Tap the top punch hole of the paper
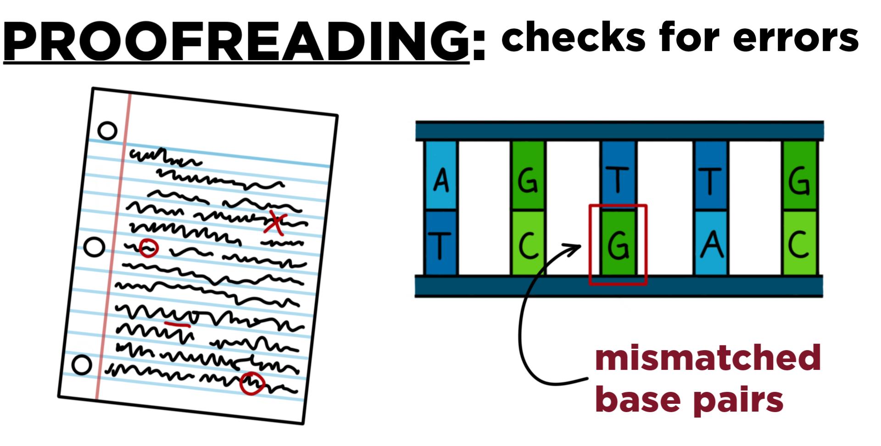(x=107, y=131)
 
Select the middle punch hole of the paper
(x=95, y=247)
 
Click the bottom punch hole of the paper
(x=82, y=365)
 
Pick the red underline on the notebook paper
(x=178, y=324)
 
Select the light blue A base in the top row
(x=441, y=176)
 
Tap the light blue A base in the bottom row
(x=711, y=243)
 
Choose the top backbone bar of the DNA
(x=619, y=131)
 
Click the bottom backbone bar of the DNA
(x=619, y=286)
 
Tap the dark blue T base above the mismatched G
(x=618, y=176)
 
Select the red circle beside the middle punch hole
(x=148, y=248)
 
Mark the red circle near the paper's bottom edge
(x=252, y=383)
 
